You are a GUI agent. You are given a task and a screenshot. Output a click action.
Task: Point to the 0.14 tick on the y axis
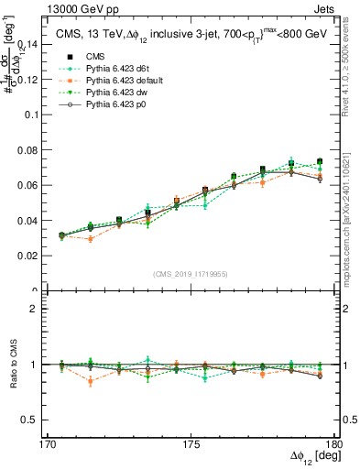point(36,44)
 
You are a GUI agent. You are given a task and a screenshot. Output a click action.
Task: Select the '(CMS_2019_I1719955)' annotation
point(191,273)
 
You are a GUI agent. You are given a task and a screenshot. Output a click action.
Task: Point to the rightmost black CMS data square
point(319,162)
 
